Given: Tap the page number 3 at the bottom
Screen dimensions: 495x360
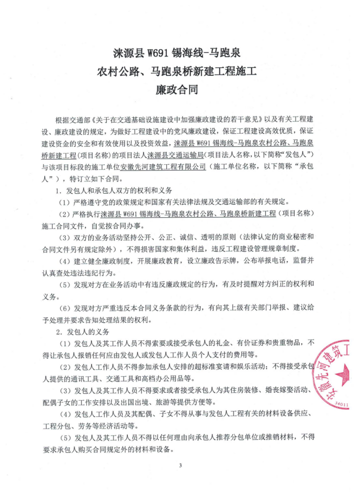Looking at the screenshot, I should pyautogui.click(x=180, y=465).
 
